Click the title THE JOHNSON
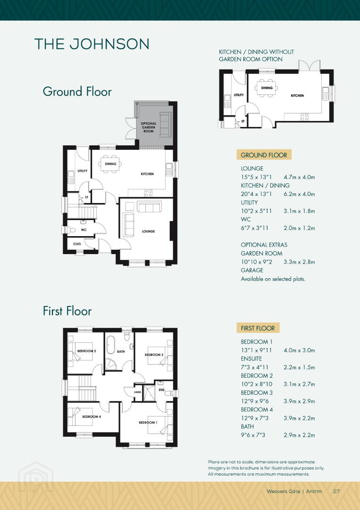(x=92, y=44)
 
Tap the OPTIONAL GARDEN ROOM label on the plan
(x=149, y=127)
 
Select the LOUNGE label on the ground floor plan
(x=148, y=231)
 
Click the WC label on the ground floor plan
(x=84, y=230)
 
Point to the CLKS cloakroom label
(x=77, y=244)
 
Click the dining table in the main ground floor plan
(x=110, y=164)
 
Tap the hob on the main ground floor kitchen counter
(x=148, y=193)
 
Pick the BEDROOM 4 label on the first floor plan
(x=92, y=416)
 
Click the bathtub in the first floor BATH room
(x=111, y=345)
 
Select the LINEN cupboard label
(x=137, y=392)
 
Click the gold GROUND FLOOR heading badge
(x=264, y=155)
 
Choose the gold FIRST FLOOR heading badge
(x=258, y=328)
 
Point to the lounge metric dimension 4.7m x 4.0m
(x=299, y=177)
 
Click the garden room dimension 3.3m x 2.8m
(x=299, y=262)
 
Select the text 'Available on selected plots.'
(x=273, y=279)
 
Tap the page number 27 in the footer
(x=336, y=491)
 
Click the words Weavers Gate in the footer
(x=283, y=491)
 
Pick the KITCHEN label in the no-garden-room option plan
(x=297, y=95)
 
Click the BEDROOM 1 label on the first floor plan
(x=148, y=423)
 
